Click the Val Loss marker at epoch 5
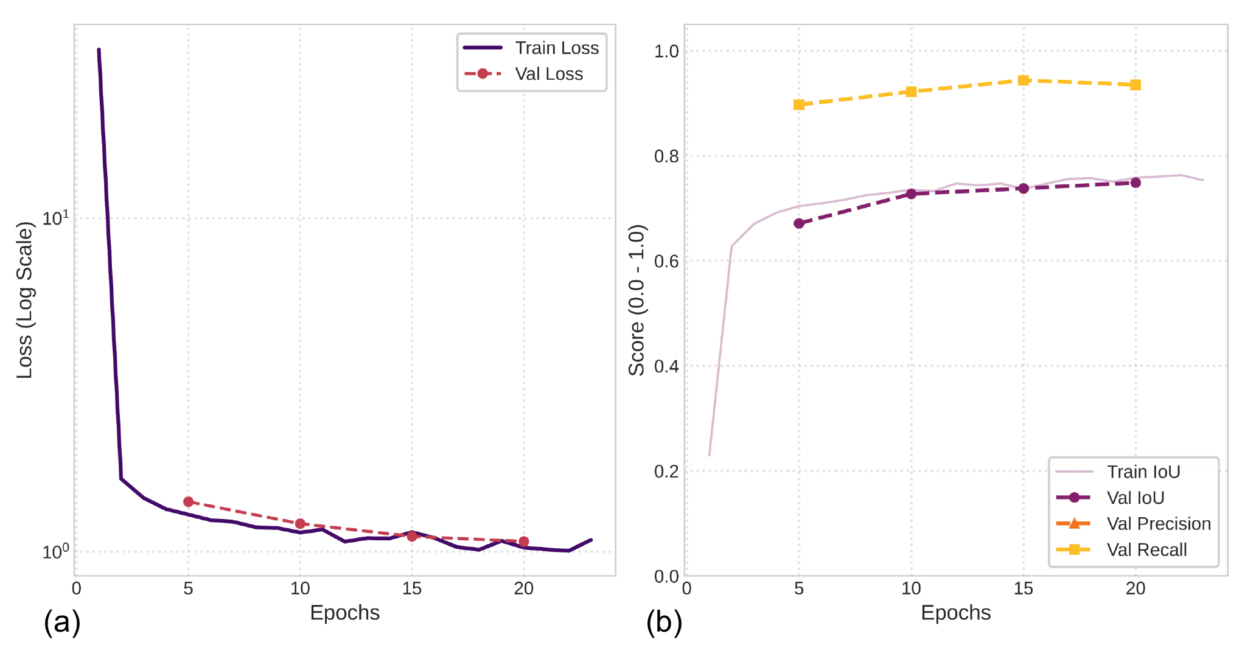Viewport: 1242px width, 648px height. pos(189,502)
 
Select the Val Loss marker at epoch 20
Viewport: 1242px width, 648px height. pos(524,542)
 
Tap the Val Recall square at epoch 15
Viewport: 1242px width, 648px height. pos(1024,80)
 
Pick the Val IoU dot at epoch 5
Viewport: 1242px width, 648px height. pos(799,223)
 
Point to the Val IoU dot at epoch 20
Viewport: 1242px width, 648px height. pos(1136,183)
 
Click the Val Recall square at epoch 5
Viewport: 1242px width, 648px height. pos(799,105)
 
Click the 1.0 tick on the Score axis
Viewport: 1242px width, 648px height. pos(666,51)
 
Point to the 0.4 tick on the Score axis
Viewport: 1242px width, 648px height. pos(666,366)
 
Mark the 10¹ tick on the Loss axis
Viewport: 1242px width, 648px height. pos(56,218)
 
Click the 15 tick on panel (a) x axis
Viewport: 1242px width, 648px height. pos(412,588)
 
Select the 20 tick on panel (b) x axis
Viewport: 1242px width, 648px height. pos(1136,588)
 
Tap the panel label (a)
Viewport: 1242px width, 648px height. pos(62,622)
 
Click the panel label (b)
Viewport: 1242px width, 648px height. pos(664,622)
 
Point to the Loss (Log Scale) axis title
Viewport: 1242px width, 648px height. pos(24,300)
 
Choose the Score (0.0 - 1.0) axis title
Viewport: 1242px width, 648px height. pos(637,300)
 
